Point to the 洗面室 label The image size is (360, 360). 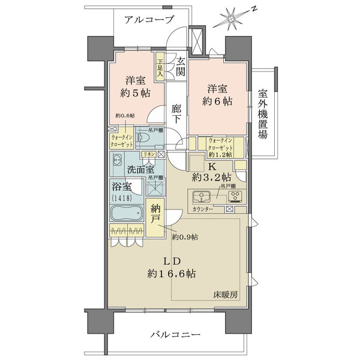click(137, 170)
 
